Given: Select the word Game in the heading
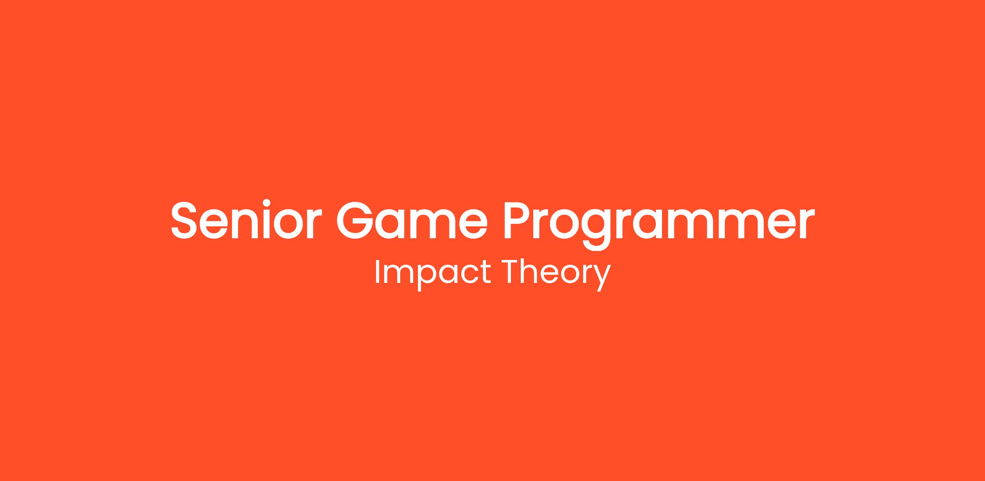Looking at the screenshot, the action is [x=412, y=220].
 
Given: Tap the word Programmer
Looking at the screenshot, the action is [x=659, y=225].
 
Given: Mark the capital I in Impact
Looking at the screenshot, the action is [x=377, y=271].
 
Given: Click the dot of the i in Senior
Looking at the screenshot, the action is [x=267, y=203].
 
